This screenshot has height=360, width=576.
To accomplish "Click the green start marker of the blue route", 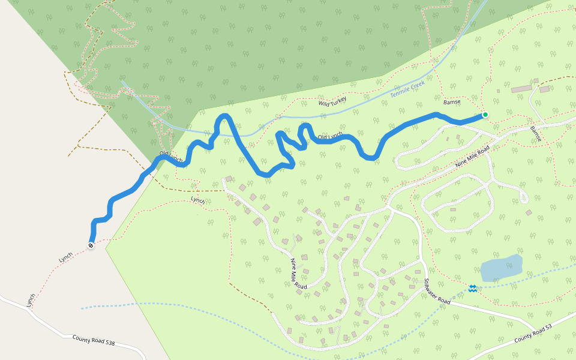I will click(x=485, y=115).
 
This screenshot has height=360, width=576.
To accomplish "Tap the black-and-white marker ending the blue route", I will click(x=91, y=245).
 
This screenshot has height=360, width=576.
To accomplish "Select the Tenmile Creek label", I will click(x=407, y=89).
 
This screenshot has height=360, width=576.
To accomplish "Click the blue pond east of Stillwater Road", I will click(x=501, y=268).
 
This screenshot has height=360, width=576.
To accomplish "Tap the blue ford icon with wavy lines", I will click(x=473, y=289).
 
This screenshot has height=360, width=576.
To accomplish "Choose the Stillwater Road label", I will click(x=437, y=292).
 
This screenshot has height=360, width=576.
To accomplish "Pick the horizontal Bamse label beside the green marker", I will click(x=452, y=102).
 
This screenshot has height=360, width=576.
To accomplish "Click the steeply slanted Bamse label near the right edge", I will click(x=536, y=133).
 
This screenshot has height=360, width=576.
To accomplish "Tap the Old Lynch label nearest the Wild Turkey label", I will click(x=330, y=137).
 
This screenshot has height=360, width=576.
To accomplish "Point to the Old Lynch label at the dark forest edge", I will click(x=171, y=158).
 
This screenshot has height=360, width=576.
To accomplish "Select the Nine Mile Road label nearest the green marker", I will click(x=472, y=156).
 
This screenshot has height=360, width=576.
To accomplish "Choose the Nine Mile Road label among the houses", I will click(x=299, y=274).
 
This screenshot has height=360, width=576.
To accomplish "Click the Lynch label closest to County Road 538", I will click(x=31, y=299).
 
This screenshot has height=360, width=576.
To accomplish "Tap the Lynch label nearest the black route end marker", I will click(x=65, y=257).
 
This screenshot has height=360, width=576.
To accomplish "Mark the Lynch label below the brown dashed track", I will click(x=198, y=200).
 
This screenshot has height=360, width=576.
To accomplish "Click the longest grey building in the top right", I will click(x=521, y=89).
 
